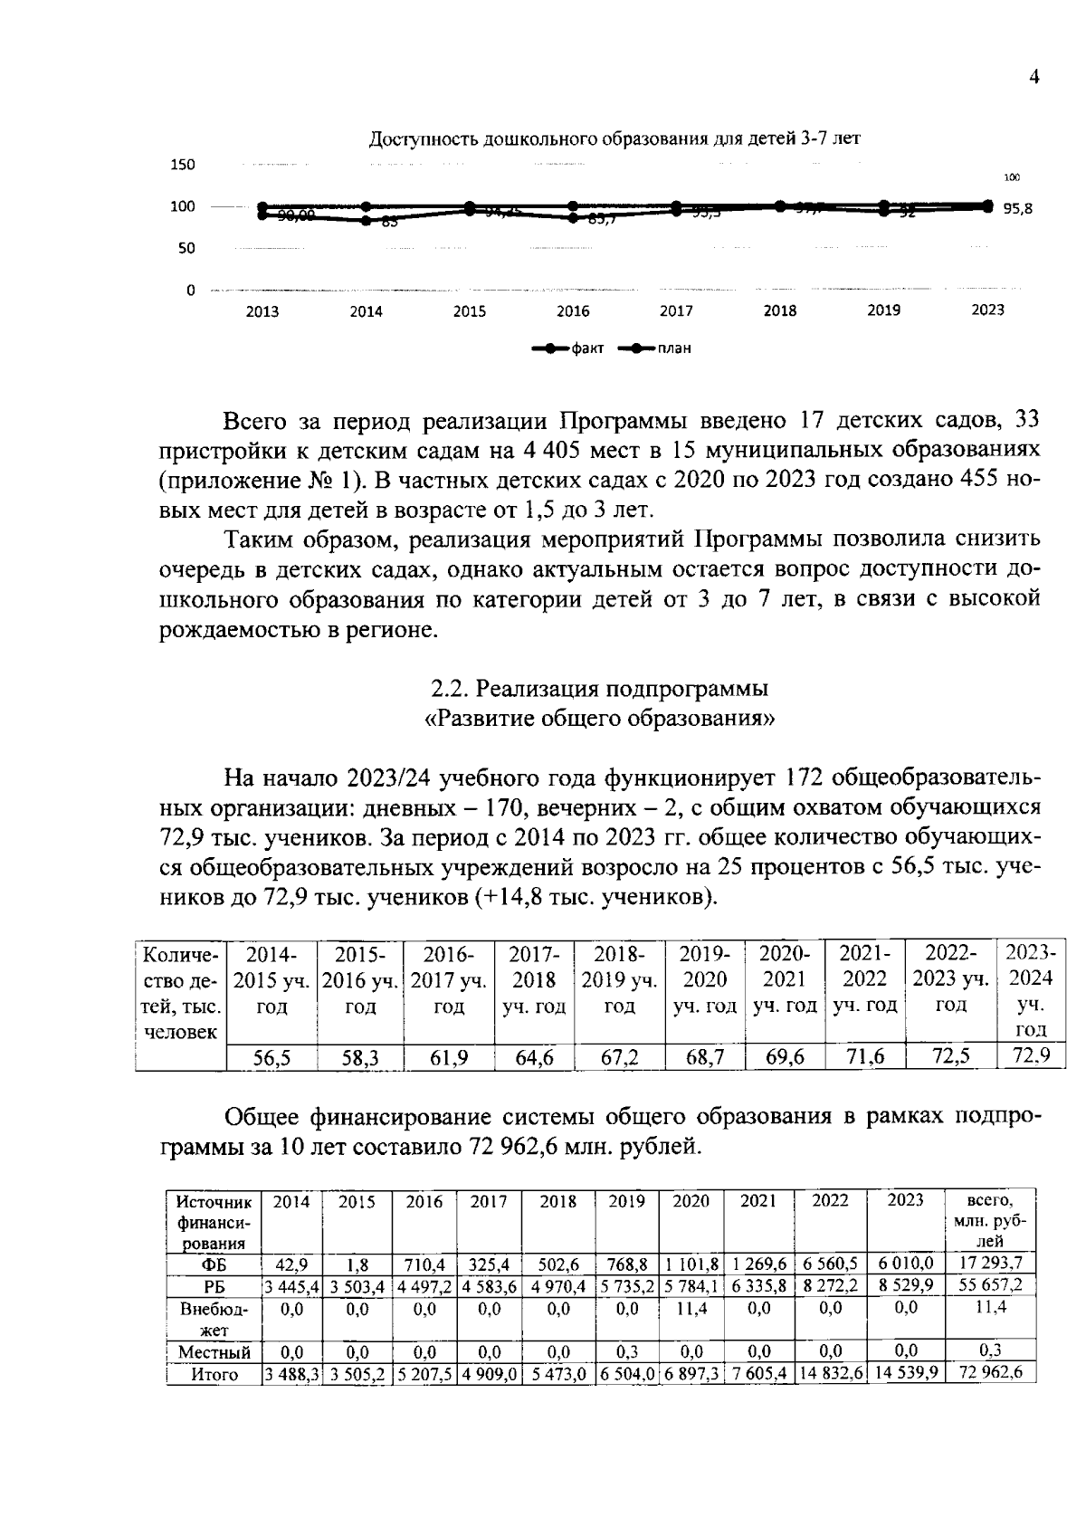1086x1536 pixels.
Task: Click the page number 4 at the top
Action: (x=1034, y=77)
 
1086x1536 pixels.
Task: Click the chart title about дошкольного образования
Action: (x=614, y=139)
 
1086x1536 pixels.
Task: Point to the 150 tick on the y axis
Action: (x=184, y=165)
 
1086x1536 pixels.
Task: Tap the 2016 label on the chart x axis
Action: (x=573, y=311)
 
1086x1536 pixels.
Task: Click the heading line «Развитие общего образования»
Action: (x=599, y=719)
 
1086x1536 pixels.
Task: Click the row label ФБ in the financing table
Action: (x=214, y=1264)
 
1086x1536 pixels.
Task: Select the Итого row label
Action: (x=214, y=1374)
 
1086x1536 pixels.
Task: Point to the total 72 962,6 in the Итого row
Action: (x=990, y=1373)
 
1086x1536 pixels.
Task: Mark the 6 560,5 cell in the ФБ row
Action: (x=830, y=1264)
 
